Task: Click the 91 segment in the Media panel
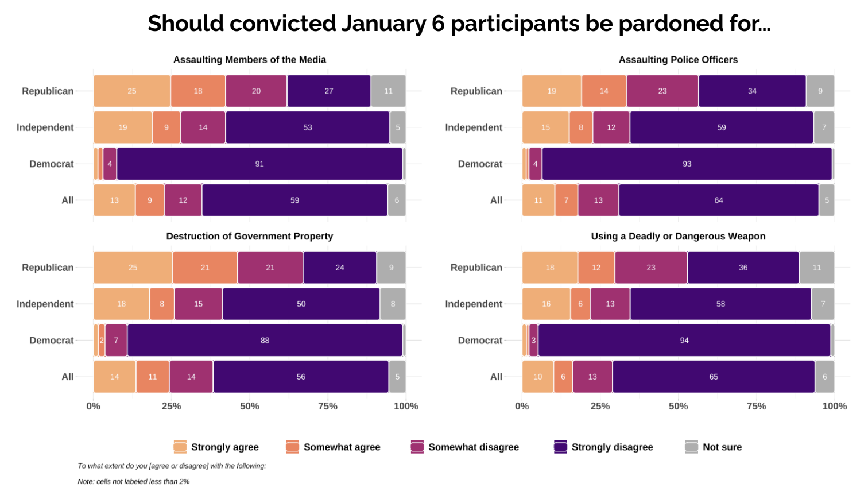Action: (259, 164)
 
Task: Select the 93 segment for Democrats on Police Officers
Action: (687, 164)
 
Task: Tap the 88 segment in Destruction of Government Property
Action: (265, 341)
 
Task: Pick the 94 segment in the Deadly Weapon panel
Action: (684, 341)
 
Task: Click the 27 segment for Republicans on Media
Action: (329, 91)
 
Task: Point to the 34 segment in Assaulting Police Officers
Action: (752, 91)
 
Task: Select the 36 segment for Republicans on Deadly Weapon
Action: (743, 268)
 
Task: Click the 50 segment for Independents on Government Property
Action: (301, 304)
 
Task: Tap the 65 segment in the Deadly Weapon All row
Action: (714, 377)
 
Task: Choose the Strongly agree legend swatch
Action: (180, 447)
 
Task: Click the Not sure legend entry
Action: (714, 447)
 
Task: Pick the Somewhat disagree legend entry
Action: (464, 447)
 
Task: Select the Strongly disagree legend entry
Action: (603, 447)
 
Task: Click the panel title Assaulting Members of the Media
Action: (250, 60)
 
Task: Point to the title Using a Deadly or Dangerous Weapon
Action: (678, 237)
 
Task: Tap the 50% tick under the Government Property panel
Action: (250, 407)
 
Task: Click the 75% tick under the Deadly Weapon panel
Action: (756, 407)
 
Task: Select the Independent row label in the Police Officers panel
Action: (474, 127)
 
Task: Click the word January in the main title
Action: (383, 24)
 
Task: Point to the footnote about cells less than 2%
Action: (134, 482)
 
